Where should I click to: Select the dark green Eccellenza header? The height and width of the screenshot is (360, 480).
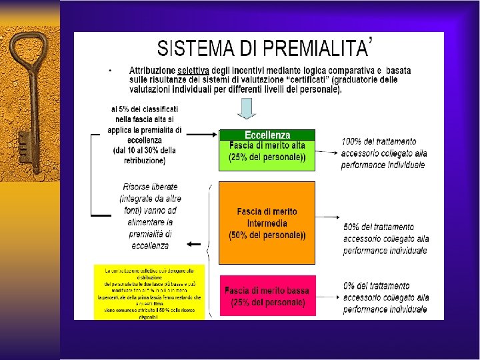click(x=267, y=135)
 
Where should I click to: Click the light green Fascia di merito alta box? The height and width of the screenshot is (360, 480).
click(x=267, y=154)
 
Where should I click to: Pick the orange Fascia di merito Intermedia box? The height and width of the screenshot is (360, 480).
click(x=267, y=223)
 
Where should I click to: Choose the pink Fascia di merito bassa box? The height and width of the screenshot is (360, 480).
click(x=267, y=296)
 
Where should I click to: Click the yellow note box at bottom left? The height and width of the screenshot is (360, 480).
click(x=149, y=293)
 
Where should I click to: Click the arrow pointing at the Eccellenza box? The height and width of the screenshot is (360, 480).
click(x=203, y=135)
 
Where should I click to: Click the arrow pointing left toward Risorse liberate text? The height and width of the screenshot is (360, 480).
click(x=194, y=244)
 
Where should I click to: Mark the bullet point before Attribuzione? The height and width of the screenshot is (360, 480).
click(x=110, y=69)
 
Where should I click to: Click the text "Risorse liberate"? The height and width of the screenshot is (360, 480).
click(x=150, y=187)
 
